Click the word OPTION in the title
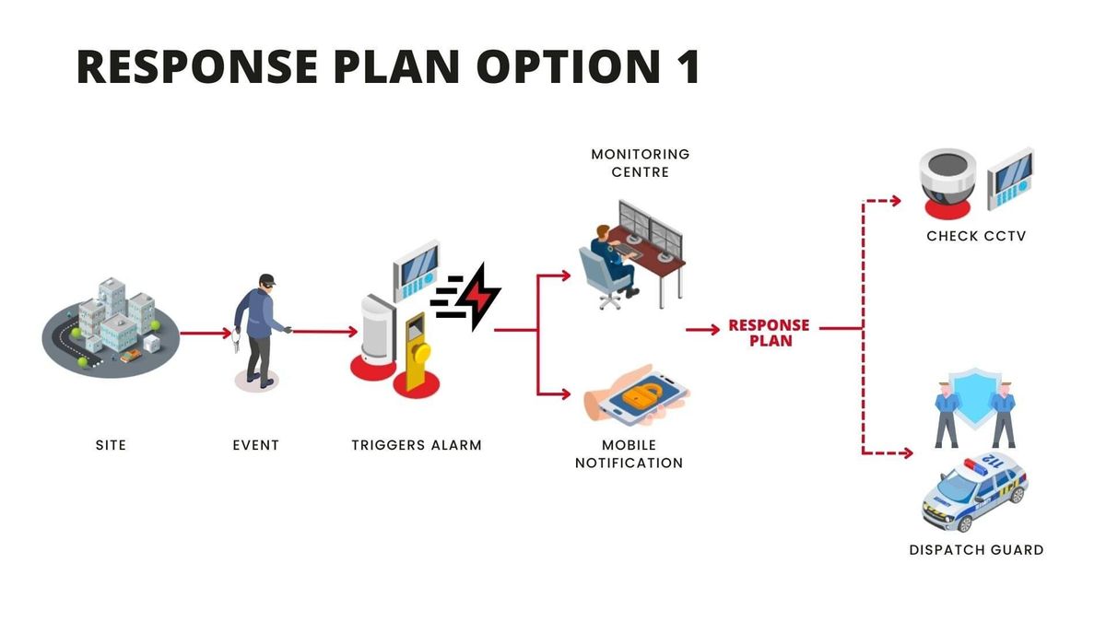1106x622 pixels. click(x=569, y=66)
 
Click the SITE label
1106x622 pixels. click(x=111, y=445)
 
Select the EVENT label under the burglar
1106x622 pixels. click(x=256, y=445)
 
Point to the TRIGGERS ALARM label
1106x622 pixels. click(x=417, y=445)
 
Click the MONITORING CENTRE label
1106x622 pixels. click(x=640, y=163)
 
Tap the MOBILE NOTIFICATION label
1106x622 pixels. click(x=629, y=454)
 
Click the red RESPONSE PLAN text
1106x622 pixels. click(x=770, y=333)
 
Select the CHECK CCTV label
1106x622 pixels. click(x=976, y=236)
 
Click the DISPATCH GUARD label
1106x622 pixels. click(x=976, y=550)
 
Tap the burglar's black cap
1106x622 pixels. click(x=267, y=279)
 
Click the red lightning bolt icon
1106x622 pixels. click(x=477, y=297)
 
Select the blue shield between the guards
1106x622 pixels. click(x=975, y=398)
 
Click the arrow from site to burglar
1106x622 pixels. click(x=206, y=334)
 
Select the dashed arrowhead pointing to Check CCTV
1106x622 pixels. click(x=896, y=201)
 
